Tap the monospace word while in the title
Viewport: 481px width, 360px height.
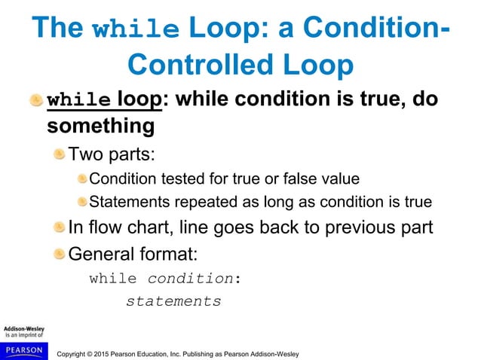click(135, 28)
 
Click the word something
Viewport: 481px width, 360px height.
click(101, 126)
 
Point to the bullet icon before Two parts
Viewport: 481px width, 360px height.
click(60, 154)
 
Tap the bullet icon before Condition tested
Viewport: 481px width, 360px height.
click(81, 179)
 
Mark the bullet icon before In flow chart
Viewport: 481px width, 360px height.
click(60, 227)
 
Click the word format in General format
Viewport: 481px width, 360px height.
click(175, 252)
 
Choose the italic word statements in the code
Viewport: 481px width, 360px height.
click(173, 301)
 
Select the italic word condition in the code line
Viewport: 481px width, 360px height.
click(190, 278)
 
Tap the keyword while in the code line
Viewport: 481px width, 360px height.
click(113, 278)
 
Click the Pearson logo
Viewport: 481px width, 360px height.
click(24, 350)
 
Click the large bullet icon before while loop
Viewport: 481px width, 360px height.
click(36, 100)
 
